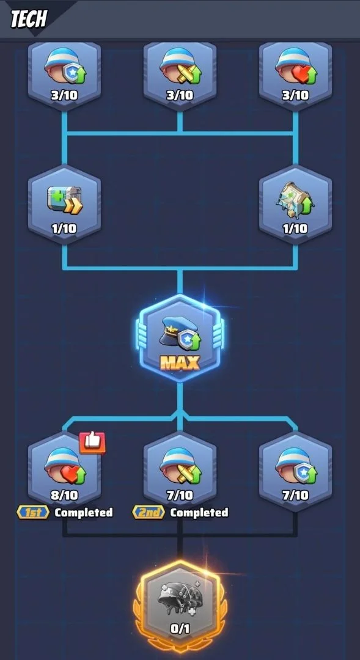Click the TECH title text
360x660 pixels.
pos(29,18)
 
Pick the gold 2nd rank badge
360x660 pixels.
pos(148,512)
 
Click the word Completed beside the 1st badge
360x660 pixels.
pos(84,512)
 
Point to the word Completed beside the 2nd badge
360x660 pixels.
pos(199,512)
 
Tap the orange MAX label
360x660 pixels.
pos(180,362)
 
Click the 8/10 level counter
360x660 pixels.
pos(64,495)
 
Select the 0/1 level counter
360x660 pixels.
pos(180,629)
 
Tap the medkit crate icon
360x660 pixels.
pos(64,200)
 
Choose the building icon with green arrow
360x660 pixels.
pos(295,198)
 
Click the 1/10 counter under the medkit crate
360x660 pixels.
pos(64,229)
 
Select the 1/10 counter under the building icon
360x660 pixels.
pos(295,229)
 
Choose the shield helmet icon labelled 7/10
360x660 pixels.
pos(295,466)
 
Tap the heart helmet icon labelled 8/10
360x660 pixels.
pos(64,466)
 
